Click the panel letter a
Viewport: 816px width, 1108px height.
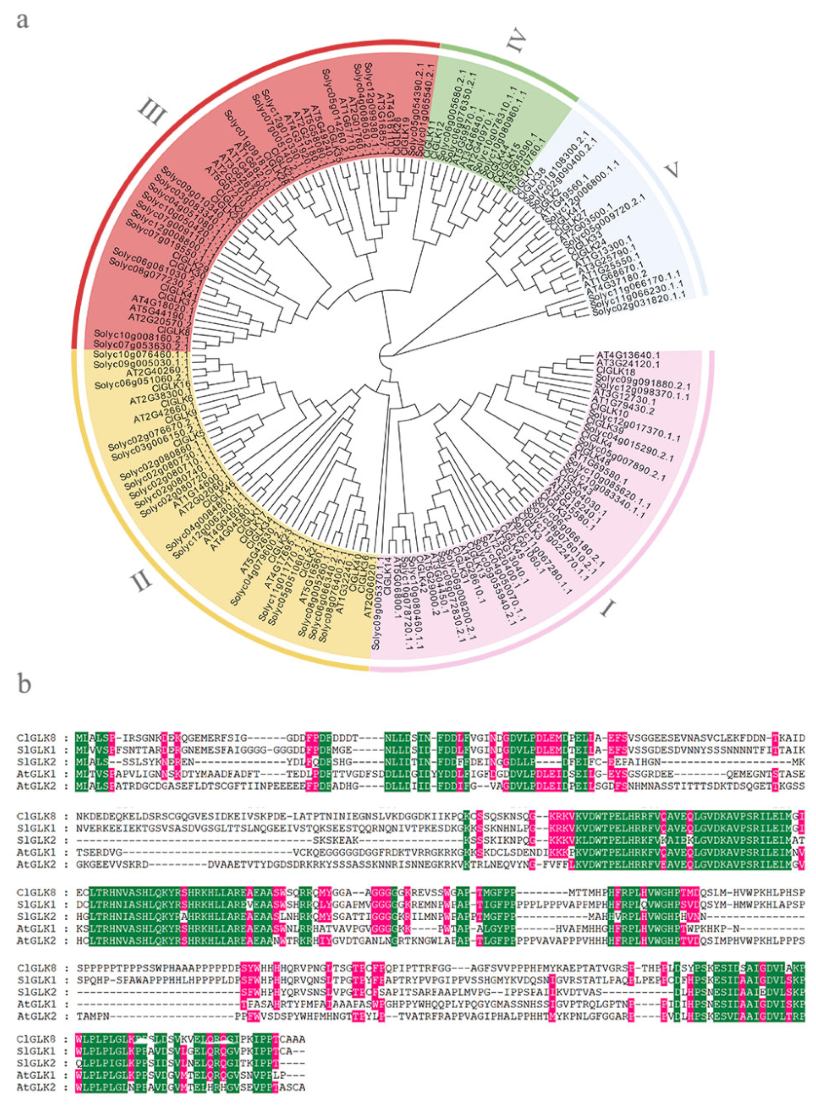[22, 21]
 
